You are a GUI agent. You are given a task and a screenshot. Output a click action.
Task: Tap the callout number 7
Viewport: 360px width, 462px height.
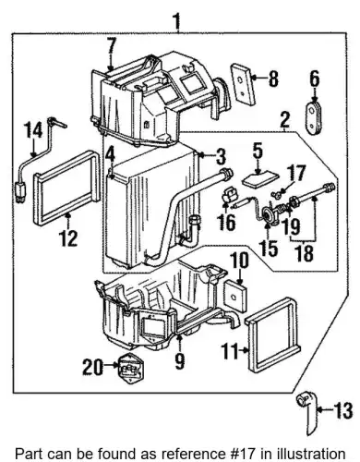coord(112,47)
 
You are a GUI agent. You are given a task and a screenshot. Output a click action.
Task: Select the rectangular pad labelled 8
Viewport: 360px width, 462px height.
coord(242,85)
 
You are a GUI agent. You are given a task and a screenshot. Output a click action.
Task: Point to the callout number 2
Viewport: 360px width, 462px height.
coord(284,120)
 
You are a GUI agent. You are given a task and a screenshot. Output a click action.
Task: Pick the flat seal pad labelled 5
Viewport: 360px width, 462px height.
coord(260,179)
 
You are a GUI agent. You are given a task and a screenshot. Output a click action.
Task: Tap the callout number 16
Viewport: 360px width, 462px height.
coord(227,221)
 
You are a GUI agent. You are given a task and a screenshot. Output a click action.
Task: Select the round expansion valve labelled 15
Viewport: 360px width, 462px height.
coord(268,213)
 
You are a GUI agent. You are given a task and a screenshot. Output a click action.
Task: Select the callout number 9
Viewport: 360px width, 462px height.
coord(179,359)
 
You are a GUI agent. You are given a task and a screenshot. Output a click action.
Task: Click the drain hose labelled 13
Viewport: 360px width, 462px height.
coord(307,413)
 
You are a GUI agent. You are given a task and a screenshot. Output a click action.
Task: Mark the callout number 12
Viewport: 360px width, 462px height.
coord(68,237)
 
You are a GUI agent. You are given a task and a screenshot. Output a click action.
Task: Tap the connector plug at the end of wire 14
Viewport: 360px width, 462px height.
coord(20,192)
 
